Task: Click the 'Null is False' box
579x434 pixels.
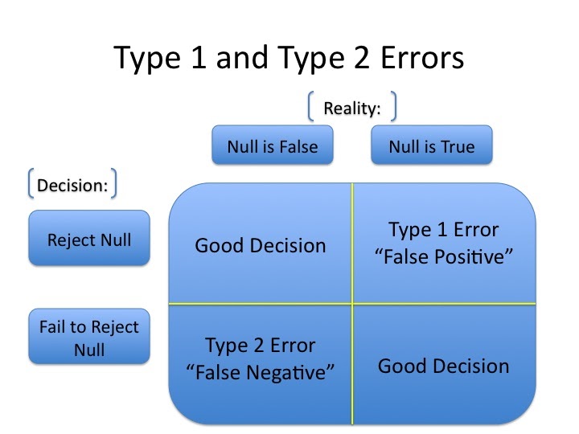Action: (x=272, y=145)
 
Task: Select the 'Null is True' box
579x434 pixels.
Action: (x=431, y=145)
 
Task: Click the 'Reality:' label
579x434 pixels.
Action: (x=351, y=108)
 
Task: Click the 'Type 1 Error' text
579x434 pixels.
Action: (x=444, y=231)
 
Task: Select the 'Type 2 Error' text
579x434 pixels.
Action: (x=261, y=346)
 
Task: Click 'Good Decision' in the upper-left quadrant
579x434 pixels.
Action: (x=261, y=245)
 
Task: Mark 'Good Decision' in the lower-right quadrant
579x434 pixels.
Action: (x=444, y=366)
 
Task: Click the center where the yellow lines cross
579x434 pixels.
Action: (x=352, y=304)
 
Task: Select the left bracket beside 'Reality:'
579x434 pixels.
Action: (x=310, y=108)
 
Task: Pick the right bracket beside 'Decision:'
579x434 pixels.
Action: (x=114, y=184)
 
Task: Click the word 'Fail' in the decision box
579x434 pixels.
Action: (x=54, y=327)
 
